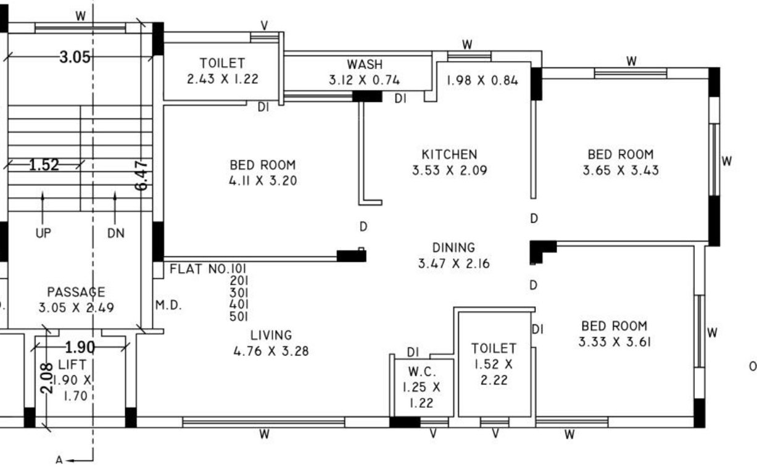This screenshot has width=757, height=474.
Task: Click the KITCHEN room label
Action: pyautogui.click(x=449, y=154)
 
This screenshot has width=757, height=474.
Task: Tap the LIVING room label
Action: pyautogui.click(x=271, y=336)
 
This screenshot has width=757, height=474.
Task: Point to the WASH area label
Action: pyautogui.click(x=364, y=64)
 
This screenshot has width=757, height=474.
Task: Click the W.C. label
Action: pyautogui.click(x=423, y=373)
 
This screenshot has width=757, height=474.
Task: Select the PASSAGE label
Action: pyautogui.click(x=76, y=292)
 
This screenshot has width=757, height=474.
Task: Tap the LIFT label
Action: pyautogui.click(x=72, y=365)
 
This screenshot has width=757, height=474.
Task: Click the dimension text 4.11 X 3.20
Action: pyautogui.click(x=262, y=181)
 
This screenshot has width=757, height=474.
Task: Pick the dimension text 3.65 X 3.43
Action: pyautogui.click(x=620, y=170)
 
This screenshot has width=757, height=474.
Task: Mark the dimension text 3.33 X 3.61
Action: pyautogui.click(x=614, y=341)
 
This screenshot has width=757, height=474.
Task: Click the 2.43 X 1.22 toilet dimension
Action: pyautogui.click(x=222, y=79)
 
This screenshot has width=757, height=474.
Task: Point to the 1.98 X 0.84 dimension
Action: pyautogui.click(x=482, y=80)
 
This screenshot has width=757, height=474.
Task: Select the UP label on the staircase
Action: pyautogui.click(x=43, y=233)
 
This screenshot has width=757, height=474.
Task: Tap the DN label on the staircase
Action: pyautogui.click(x=115, y=233)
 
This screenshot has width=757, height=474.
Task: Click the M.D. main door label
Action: pyautogui.click(x=168, y=306)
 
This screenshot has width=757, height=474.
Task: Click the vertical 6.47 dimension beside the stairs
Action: pyautogui.click(x=141, y=175)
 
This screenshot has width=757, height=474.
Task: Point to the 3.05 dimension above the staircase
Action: pyautogui.click(x=75, y=58)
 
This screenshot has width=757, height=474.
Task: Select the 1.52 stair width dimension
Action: pyautogui.click(x=44, y=165)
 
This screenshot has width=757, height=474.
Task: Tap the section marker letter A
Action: pyautogui.click(x=59, y=460)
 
